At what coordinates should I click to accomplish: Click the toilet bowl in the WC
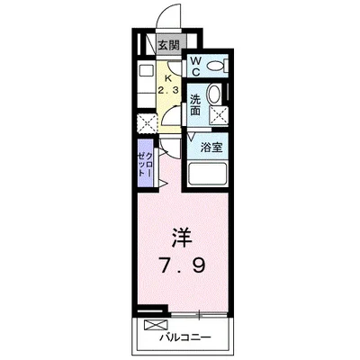pyautogui.click(x=216, y=67)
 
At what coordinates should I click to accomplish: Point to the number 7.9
pyautogui.click(x=180, y=268)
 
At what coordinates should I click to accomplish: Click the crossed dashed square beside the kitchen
pyautogui.click(x=147, y=123)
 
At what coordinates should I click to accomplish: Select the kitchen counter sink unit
pyautogui.click(x=147, y=86)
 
